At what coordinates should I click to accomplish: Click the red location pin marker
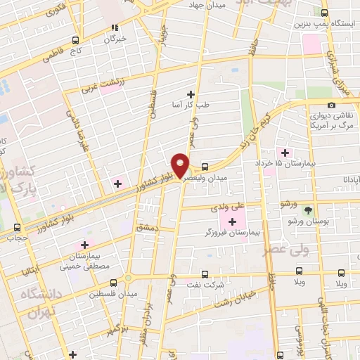(181, 164)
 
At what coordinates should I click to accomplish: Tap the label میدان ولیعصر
(207, 178)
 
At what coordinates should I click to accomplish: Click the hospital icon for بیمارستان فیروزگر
(233, 221)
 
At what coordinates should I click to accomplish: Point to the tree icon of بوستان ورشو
(307, 210)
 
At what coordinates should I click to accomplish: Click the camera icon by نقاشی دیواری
(331, 105)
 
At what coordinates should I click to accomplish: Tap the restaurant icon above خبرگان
(114, 28)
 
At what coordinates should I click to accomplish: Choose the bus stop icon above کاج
(75, 40)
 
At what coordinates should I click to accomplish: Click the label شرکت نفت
(205, 284)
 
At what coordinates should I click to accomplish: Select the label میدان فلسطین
(112, 294)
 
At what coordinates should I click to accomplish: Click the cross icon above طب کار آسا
(190, 94)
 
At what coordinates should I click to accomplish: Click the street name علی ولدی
(231, 207)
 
